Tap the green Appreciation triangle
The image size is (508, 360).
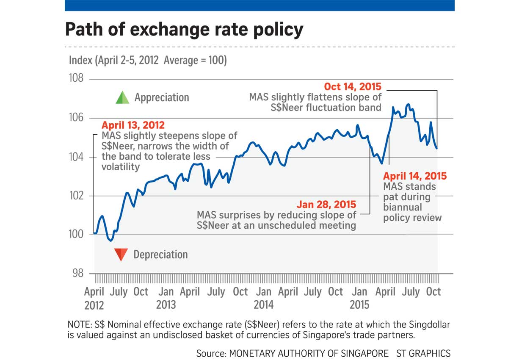pyautogui.click(x=122, y=98)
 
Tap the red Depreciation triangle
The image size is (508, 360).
pyautogui.click(x=121, y=254)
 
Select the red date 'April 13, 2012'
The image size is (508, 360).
pyautogui.click(x=133, y=125)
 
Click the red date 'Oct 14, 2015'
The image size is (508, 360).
pyautogui.click(x=353, y=87)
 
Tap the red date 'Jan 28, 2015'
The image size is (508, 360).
pyautogui.click(x=326, y=205)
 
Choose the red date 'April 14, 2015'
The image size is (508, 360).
pyautogui.click(x=415, y=176)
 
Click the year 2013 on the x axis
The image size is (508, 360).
pyautogui.click(x=166, y=305)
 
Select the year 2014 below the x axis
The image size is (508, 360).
pyautogui.click(x=264, y=305)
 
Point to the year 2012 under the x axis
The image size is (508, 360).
pyautogui.click(x=94, y=305)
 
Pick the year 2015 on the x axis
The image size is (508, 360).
pyautogui.click(x=360, y=305)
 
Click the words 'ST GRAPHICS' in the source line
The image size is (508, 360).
pyautogui.click(x=423, y=353)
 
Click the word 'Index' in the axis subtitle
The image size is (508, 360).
pyautogui.click(x=80, y=61)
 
